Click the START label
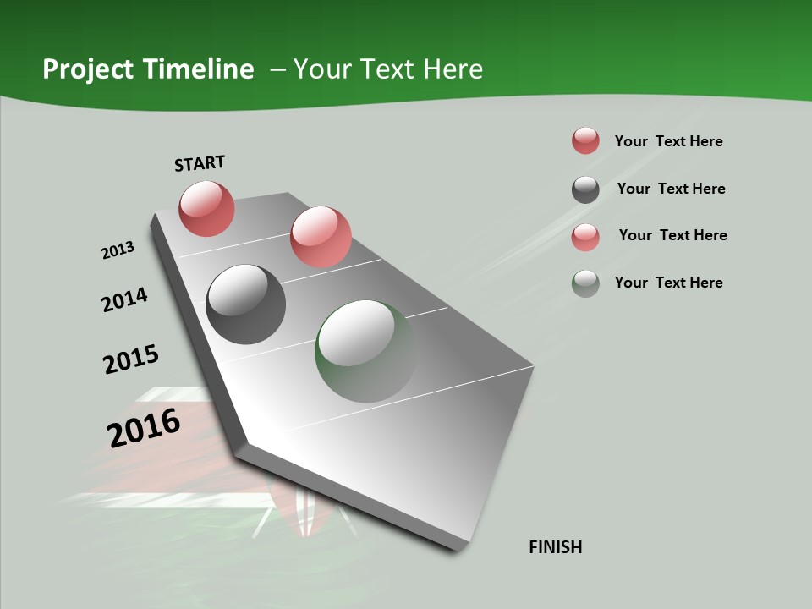tap(200, 163)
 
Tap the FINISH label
tap(556, 547)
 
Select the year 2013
tap(118, 250)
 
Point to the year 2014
tap(124, 300)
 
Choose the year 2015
tap(131, 359)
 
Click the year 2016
tap(144, 428)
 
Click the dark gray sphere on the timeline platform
tap(245, 304)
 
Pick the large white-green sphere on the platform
tap(365, 350)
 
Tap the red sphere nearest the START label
tap(206, 208)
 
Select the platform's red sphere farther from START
tap(321, 237)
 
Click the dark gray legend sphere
tap(585, 189)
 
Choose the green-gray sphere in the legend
tap(585, 283)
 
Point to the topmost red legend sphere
tap(585, 140)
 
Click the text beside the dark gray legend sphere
tap(671, 189)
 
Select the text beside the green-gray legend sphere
tap(668, 283)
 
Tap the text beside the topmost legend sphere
tap(668, 141)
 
